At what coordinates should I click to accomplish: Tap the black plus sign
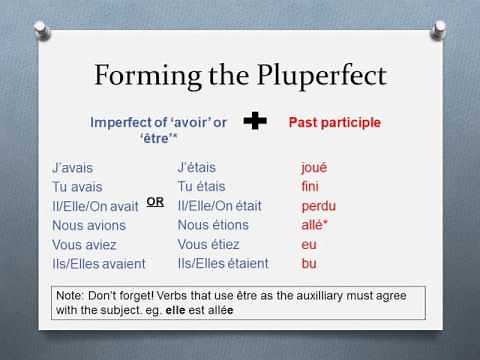(x=257, y=122)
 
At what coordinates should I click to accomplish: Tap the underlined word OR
(x=155, y=201)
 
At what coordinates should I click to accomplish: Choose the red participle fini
(x=310, y=186)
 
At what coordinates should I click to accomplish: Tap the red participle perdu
(x=318, y=205)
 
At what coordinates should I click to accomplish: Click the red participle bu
(x=309, y=264)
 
